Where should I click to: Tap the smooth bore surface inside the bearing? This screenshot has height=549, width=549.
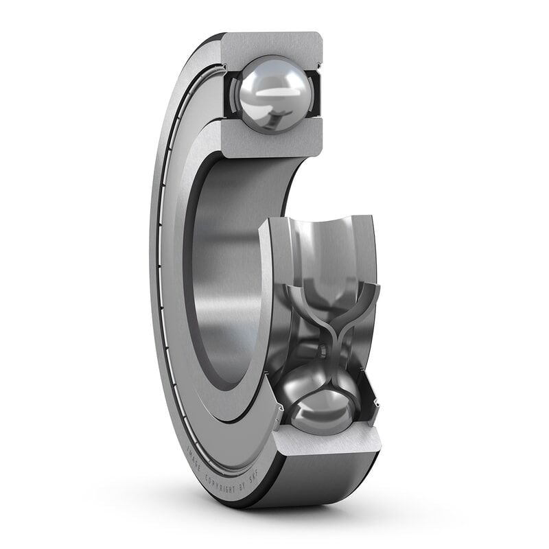tap(226, 274)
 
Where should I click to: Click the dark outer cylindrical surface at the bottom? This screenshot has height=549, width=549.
tap(316, 480)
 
